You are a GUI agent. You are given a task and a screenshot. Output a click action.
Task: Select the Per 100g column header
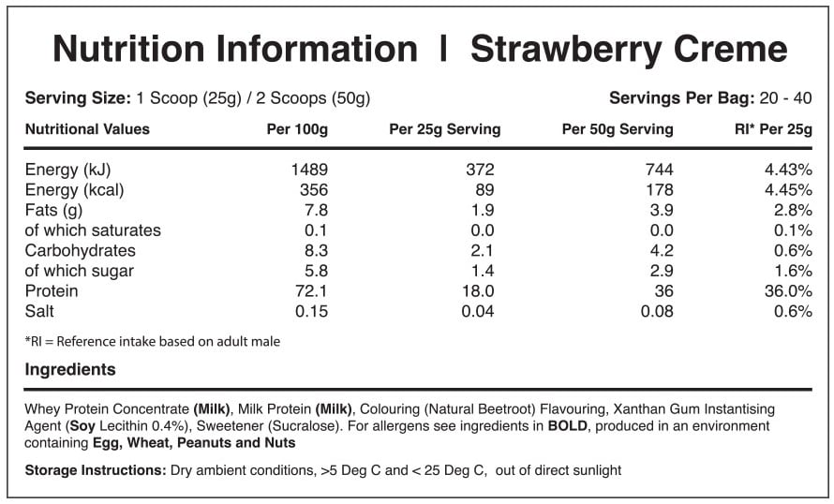[x=297, y=129]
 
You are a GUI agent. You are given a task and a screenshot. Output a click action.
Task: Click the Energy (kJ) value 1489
[x=309, y=170]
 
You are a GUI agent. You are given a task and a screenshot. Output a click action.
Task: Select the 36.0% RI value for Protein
[x=788, y=291]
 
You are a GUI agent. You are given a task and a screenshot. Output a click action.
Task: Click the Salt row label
[x=41, y=311]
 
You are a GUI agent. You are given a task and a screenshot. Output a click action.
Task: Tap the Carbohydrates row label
[x=80, y=250]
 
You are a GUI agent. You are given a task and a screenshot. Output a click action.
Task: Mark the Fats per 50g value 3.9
[x=662, y=210]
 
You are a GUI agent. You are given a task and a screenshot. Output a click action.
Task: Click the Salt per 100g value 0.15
[x=312, y=311]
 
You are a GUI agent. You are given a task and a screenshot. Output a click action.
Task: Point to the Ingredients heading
[x=70, y=370]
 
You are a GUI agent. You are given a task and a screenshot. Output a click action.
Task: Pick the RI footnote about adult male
[x=153, y=341]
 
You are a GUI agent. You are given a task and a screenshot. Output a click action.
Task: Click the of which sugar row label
[x=80, y=271]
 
